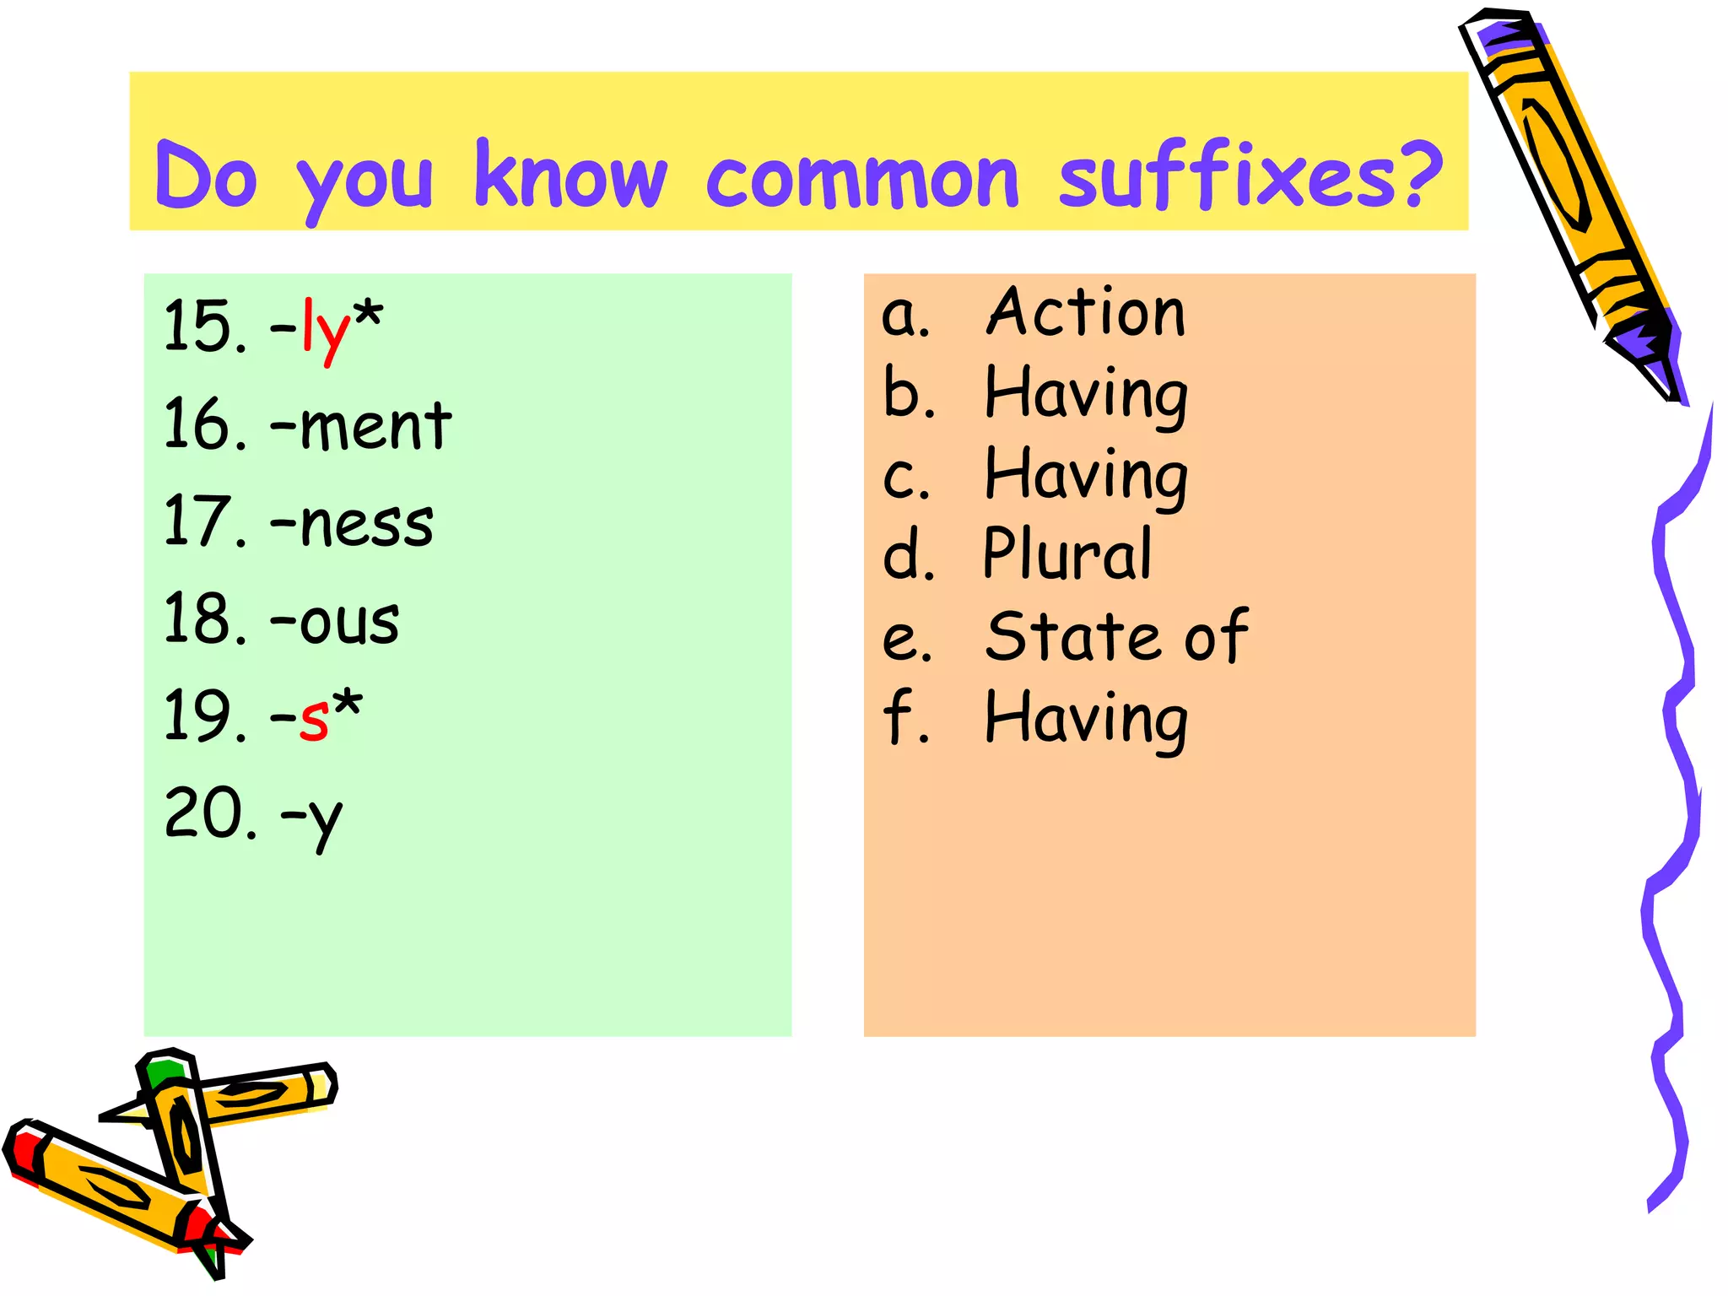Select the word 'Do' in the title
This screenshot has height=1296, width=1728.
coord(206,177)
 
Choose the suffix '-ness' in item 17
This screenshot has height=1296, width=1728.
coord(352,523)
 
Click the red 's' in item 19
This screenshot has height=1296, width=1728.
coord(314,718)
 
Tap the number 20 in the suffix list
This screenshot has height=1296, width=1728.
coord(200,813)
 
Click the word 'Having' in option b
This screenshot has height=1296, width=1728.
coord(1087,395)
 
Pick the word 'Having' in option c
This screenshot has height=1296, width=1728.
coord(1087,476)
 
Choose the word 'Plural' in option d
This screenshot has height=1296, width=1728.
coord(1067,554)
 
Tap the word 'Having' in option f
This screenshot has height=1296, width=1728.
coord(1087,720)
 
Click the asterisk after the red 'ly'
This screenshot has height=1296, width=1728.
coord(368,316)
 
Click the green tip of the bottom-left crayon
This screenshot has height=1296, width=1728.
coord(162,1072)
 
